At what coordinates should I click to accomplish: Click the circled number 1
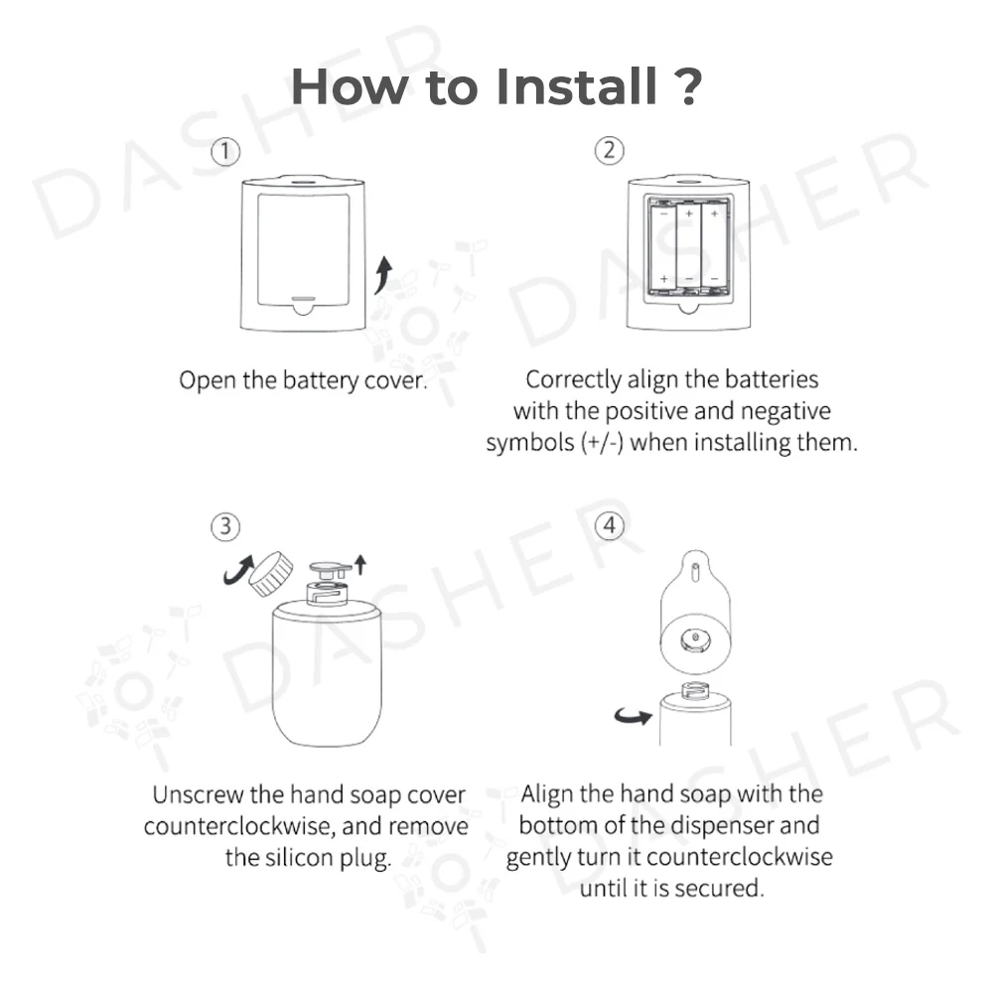tap(224, 152)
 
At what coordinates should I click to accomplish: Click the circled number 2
tap(610, 151)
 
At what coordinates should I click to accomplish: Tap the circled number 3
tap(225, 527)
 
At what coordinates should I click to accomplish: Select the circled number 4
tap(610, 525)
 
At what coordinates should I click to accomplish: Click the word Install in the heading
tap(576, 86)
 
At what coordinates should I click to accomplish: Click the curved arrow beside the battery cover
tap(383, 275)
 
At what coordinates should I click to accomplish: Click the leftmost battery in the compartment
tap(663, 247)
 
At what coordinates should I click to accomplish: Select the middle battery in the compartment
tap(689, 247)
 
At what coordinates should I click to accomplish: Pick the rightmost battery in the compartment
tap(714, 247)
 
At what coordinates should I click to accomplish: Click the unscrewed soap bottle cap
tap(271, 574)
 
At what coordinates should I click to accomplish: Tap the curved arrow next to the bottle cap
tap(237, 569)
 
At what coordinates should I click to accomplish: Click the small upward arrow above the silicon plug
tap(360, 564)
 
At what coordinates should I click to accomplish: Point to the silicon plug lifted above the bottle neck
tap(330, 569)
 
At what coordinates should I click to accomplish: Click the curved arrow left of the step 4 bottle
tap(634, 716)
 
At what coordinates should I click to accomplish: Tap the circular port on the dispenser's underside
tap(695, 640)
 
